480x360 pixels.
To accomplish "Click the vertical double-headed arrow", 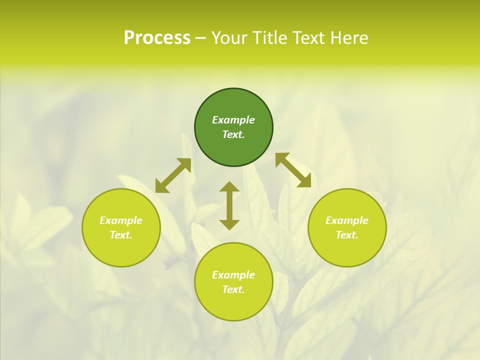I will pyautogui.click(x=229, y=205).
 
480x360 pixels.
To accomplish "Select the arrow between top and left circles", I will pyautogui.click(x=173, y=175).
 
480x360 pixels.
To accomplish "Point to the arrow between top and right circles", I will pyautogui.click(x=293, y=170).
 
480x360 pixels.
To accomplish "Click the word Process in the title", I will pyautogui.click(x=157, y=38).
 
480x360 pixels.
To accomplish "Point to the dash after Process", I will pyautogui.click(x=200, y=38).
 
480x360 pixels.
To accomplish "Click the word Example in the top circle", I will pyautogui.click(x=233, y=120).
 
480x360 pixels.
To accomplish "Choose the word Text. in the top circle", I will pyautogui.click(x=233, y=134).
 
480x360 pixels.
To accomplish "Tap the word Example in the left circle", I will pyautogui.click(x=121, y=220).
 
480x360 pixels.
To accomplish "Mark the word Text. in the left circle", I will pyautogui.click(x=121, y=235).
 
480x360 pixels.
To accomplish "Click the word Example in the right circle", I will pyautogui.click(x=347, y=220).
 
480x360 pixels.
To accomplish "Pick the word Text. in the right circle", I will pyautogui.click(x=347, y=235).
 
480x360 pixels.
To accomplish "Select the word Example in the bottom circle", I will pyautogui.click(x=233, y=275).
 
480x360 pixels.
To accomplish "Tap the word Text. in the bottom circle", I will pyautogui.click(x=233, y=289).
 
